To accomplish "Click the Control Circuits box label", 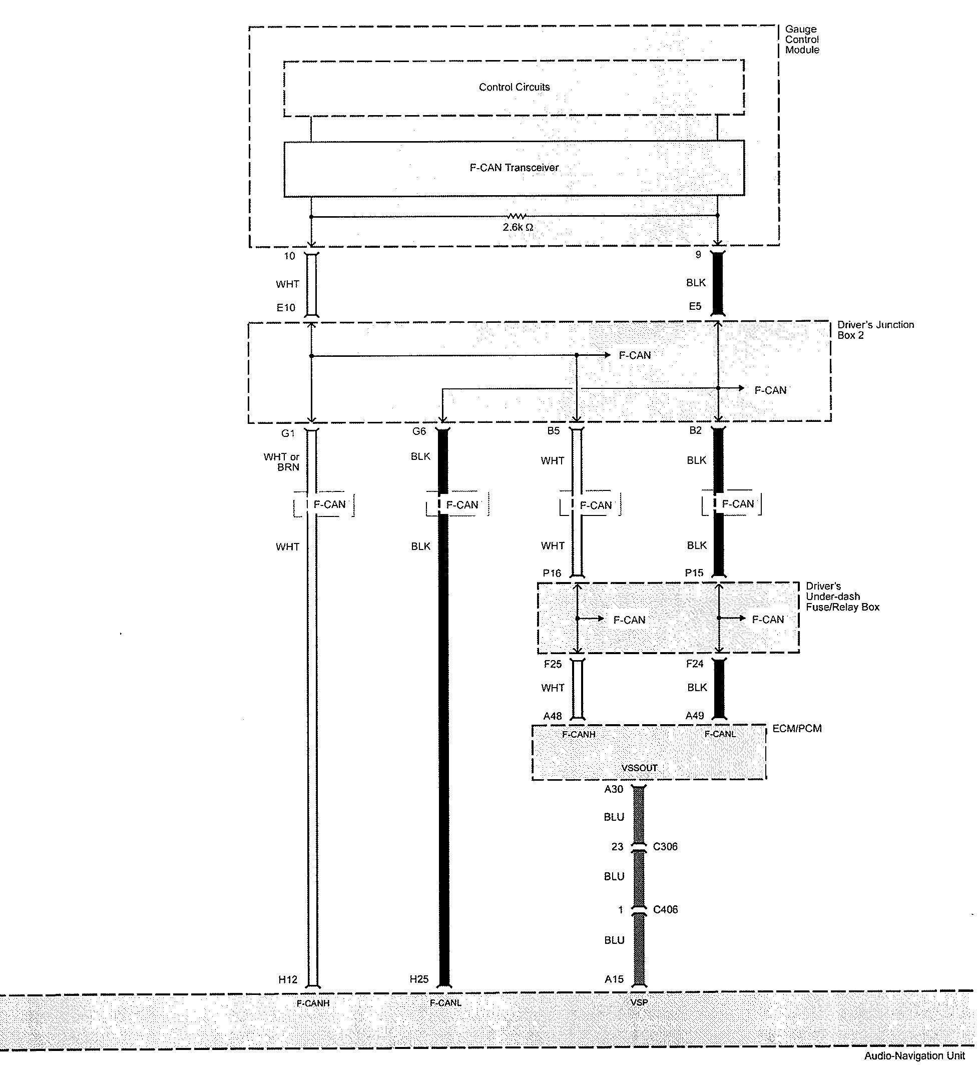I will [x=514, y=87].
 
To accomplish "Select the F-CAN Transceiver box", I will [x=514, y=168].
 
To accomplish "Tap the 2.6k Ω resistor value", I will [x=518, y=227].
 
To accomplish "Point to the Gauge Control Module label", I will [x=802, y=39].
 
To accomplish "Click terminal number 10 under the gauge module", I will [x=290, y=256].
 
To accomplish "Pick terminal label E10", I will [x=286, y=308].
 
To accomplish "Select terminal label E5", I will [x=695, y=306].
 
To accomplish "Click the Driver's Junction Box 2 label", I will [x=875, y=330].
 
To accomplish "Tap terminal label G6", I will [x=419, y=431].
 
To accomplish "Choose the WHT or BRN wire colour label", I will [x=282, y=462].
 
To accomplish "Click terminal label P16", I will [x=552, y=573].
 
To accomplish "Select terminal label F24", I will [x=694, y=664].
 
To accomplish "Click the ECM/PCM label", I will [x=796, y=729].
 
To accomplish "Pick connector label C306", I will [x=665, y=847].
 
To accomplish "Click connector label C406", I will [x=665, y=909].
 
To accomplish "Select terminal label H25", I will [x=419, y=979].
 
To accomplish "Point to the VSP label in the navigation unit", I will [x=639, y=1002].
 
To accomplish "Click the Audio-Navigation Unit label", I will [x=914, y=1055].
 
